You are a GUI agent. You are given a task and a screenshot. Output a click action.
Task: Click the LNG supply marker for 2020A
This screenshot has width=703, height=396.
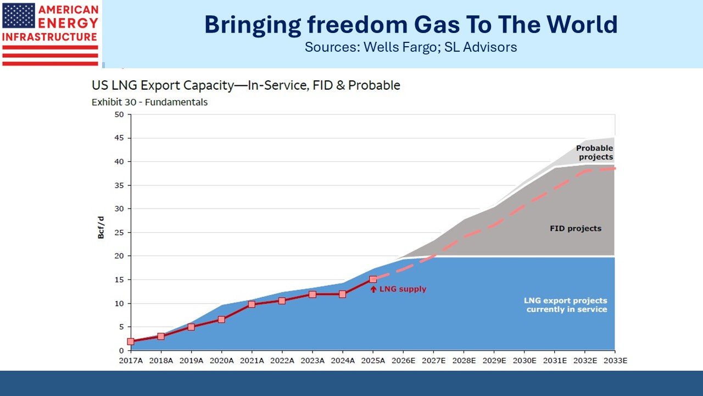(221, 320)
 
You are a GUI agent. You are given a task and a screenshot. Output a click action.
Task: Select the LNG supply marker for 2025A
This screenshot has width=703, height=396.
(373, 279)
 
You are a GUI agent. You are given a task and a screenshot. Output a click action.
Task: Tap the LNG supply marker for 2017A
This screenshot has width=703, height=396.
(131, 342)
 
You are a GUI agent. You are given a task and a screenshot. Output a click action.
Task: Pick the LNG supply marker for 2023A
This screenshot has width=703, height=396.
(313, 294)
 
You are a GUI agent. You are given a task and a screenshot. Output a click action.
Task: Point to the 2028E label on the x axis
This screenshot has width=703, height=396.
(464, 360)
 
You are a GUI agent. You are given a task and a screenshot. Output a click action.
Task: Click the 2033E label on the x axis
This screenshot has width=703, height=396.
(616, 360)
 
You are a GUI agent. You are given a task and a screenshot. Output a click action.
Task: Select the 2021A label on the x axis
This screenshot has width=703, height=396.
(252, 360)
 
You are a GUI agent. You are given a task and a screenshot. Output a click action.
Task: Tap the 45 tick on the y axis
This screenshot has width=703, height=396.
(119, 138)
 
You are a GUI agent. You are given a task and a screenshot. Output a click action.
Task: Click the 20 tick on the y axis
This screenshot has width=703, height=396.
(119, 256)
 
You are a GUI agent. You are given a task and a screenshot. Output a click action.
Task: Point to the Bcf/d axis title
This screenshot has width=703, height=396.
(101, 228)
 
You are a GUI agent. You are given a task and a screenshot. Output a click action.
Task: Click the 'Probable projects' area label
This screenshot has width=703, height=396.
(595, 152)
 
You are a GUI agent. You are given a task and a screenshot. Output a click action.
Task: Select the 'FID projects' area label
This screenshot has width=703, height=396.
(576, 228)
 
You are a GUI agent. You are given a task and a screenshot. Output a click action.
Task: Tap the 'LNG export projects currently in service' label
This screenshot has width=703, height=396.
(566, 305)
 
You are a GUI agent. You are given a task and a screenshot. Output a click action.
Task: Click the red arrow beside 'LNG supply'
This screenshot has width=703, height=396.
(373, 289)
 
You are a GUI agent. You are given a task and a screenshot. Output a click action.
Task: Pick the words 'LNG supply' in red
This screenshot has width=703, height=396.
(403, 289)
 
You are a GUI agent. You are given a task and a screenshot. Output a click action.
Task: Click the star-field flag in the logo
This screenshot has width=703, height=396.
(19, 16)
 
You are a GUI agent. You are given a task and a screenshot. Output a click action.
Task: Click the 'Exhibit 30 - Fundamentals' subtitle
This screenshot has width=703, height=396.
(149, 102)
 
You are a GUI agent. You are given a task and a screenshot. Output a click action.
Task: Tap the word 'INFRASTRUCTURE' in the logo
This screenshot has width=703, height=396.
(49, 37)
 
